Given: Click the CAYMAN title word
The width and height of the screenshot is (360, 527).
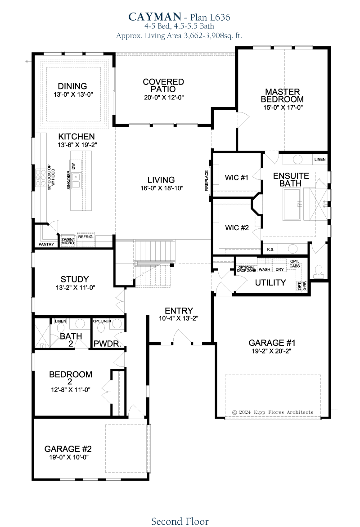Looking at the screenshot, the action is [x=155, y=17].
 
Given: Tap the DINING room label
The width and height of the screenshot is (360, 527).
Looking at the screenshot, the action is [x=72, y=86].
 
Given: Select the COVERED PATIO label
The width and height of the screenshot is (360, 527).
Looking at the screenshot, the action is [x=163, y=85].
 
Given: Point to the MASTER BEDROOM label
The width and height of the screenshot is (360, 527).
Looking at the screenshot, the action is [x=282, y=95].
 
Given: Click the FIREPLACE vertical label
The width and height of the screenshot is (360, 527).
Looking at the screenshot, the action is [x=207, y=181].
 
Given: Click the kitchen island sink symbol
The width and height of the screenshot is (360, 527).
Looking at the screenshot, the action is [x=76, y=180].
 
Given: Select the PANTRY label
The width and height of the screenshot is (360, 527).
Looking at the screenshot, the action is [x=46, y=244].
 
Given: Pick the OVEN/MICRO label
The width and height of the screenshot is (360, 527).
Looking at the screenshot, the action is [x=67, y=241].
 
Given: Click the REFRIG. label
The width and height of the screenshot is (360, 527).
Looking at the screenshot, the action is [x=85, y=237].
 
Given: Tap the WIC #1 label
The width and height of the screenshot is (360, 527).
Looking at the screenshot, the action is [x=237, y=178].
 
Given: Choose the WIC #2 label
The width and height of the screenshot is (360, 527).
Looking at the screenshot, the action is [x=237, y=228].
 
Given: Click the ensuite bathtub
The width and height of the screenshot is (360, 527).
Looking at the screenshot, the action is [x=292, y=204].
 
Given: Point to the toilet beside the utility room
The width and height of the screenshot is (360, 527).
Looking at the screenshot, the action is [x=318, y=271].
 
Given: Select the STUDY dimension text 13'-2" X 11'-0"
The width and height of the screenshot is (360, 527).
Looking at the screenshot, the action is [x=75, y=288].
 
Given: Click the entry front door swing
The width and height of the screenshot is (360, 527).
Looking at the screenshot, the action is [x=182, y=337].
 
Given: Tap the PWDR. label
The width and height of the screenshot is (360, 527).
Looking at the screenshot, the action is [x=108, y=344].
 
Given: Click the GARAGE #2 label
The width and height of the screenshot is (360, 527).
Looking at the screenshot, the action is [x=68, y=449].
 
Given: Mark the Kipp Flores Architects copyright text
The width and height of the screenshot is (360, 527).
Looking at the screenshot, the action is [x=273, y=412].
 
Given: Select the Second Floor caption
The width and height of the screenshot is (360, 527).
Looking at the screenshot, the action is [x=180, y=521].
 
